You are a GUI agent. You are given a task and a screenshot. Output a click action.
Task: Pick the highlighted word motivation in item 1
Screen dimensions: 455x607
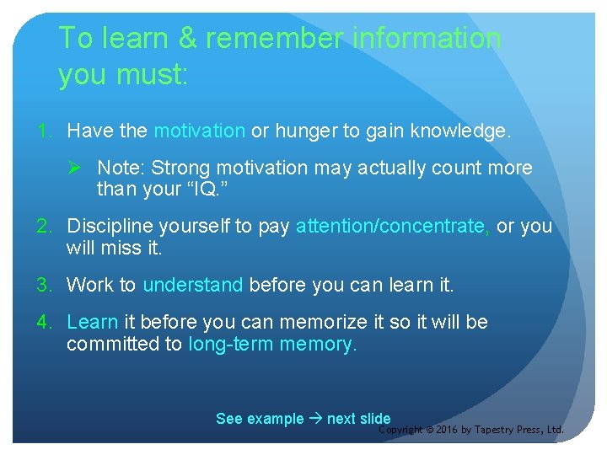pyautogui.click(x=200, y=131)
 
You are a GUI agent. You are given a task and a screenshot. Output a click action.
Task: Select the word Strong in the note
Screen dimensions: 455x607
pyautogui.click(x=168, y=168)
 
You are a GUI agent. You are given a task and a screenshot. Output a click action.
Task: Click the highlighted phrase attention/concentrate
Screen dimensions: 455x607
pyautogui.click(x=390, y=226)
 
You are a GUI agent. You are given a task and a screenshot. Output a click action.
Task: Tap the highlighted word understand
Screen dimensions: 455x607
pyautogui.click(x=193, y=285)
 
